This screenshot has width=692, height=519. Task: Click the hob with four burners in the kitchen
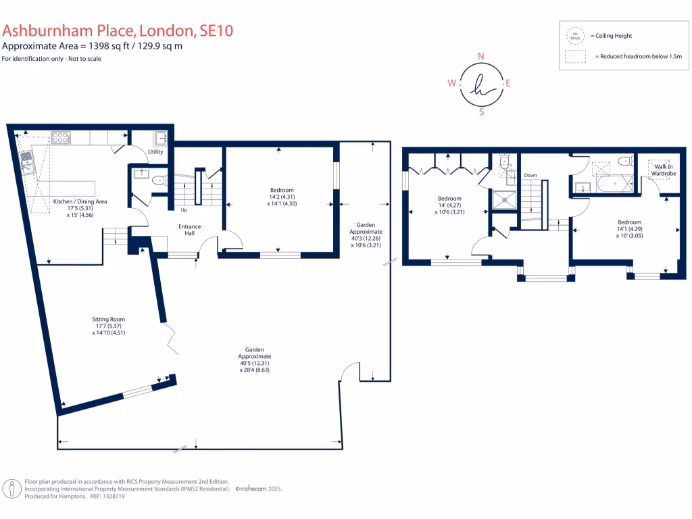click(61, 137)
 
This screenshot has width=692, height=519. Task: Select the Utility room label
click(155, 153)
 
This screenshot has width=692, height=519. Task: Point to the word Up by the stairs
click(183, 209)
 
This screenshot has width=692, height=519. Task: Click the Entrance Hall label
click(189, 230)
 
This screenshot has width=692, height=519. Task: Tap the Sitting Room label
click(109, 319)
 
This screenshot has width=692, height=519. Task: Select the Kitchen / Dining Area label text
click(80, 201)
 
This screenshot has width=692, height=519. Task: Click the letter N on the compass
click(481, 56)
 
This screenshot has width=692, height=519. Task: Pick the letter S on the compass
click(481, 112)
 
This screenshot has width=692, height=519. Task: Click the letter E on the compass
click(508, 84)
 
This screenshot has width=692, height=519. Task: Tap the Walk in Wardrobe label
click(663, 170)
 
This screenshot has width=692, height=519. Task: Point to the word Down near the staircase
click(530, 175)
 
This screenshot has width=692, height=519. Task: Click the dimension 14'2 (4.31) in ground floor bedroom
click(282, 197)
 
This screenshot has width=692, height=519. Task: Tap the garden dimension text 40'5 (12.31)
click(254, 363)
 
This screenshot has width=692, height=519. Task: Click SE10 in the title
click(216, 30)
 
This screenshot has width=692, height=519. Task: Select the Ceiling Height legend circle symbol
click(576, 35)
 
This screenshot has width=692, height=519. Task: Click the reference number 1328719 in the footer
click(110, 496)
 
